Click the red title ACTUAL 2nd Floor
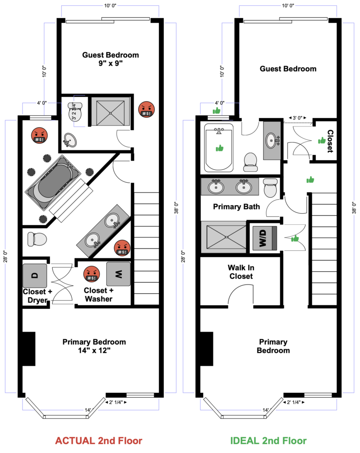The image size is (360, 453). point(99,441)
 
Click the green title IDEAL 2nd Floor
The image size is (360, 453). point(268,441)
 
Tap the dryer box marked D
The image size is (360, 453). point(35,276)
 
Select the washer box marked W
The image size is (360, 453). point(118,274)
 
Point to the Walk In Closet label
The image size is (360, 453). point(241,272)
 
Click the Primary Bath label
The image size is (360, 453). point(236,207)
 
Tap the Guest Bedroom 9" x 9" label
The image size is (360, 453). point(110,59)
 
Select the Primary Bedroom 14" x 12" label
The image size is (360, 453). point(94,346)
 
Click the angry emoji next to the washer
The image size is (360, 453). point(92,274)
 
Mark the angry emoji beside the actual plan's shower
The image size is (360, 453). point(147,110)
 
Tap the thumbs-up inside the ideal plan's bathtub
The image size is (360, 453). point(220,149)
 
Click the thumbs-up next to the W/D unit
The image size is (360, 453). point(295,238)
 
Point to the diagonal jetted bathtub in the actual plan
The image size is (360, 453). point(53,183)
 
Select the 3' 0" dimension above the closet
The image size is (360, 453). point(297,118)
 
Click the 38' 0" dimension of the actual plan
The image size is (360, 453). point(176,208)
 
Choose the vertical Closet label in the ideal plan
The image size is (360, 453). point(330,141)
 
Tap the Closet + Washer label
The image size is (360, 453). point(99,295)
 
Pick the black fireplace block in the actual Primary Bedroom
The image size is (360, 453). point(29,349)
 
